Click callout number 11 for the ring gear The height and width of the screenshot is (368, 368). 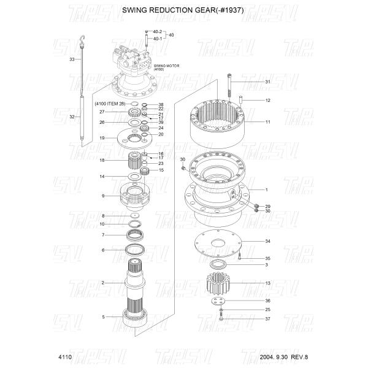(268, 122)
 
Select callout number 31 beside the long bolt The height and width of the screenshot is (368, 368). (268, 82)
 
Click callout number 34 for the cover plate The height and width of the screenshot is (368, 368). (268, 241)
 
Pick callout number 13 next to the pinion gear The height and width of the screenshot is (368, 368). (268, 283)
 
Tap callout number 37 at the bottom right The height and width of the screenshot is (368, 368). (268, 319)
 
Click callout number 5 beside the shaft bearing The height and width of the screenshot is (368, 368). (103, 317)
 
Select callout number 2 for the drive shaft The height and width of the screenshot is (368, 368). (103, 283)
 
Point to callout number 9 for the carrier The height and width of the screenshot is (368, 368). (103, 196)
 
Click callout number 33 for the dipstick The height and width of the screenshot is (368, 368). (72, 59)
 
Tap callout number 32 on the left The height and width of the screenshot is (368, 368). (72, 117)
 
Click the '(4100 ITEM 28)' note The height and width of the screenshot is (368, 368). (110, 104)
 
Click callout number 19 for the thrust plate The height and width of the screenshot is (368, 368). (103, 139)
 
